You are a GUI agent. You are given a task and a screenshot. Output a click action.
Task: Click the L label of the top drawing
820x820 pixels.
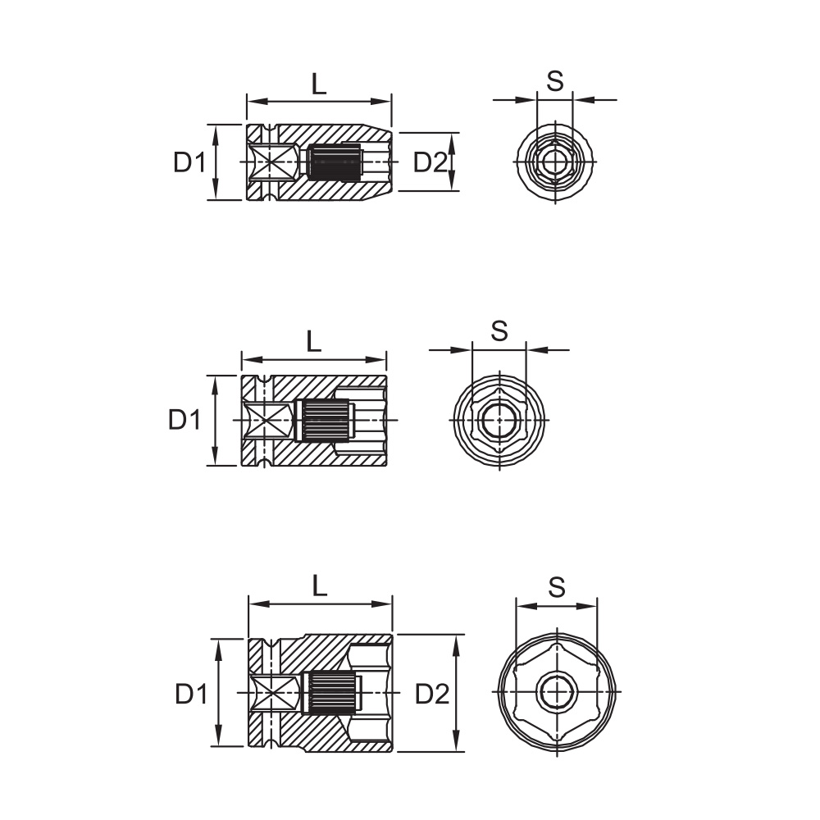pos(319,84)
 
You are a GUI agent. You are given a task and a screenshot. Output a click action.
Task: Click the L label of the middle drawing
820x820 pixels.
pos(313,341)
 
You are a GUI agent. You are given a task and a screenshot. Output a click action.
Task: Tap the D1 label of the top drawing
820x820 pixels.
pos(190,162)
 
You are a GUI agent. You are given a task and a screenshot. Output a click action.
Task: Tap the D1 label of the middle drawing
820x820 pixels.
pos(184,419)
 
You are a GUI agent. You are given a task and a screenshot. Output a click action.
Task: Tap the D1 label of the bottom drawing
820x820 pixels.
pos(191,694)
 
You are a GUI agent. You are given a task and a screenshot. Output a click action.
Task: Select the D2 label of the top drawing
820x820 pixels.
pos(431,162)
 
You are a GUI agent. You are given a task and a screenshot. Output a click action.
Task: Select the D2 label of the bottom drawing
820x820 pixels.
pos(432,694)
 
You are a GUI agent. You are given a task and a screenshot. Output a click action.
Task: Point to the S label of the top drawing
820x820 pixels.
pos(555,81)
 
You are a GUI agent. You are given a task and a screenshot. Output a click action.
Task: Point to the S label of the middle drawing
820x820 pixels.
pos(499,330)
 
